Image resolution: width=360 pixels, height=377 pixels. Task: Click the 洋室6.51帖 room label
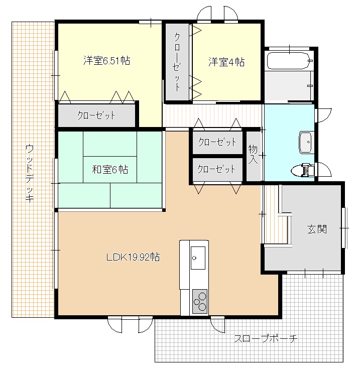(107, 60)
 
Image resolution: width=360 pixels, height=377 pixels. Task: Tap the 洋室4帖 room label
(226, 62)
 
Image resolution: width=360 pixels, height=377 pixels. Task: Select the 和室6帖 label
(110, 170)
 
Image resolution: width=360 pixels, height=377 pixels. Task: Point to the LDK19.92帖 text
(133, 257)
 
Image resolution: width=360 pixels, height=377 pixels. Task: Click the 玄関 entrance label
(317, 229)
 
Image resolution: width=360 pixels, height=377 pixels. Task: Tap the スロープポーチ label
(266, 339)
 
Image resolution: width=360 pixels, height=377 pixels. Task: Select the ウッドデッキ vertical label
(29, 173)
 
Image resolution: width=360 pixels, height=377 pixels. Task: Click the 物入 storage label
(253, 154)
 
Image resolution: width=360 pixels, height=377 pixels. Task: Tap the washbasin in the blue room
(306, 143)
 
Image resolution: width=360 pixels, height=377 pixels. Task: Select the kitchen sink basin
(198, 258)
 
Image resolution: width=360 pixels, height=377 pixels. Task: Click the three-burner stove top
(200, 301)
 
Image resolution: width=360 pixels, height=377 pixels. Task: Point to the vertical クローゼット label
(177, 62)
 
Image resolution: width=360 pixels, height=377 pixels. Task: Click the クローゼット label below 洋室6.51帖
(96, 115)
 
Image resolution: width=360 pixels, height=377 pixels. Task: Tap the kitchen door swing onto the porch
(217, 325)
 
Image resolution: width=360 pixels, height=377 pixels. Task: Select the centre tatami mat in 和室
(110, 170)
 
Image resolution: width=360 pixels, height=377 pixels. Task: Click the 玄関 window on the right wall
(344, 228)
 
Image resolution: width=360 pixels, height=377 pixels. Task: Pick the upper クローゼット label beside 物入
(217, 142)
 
